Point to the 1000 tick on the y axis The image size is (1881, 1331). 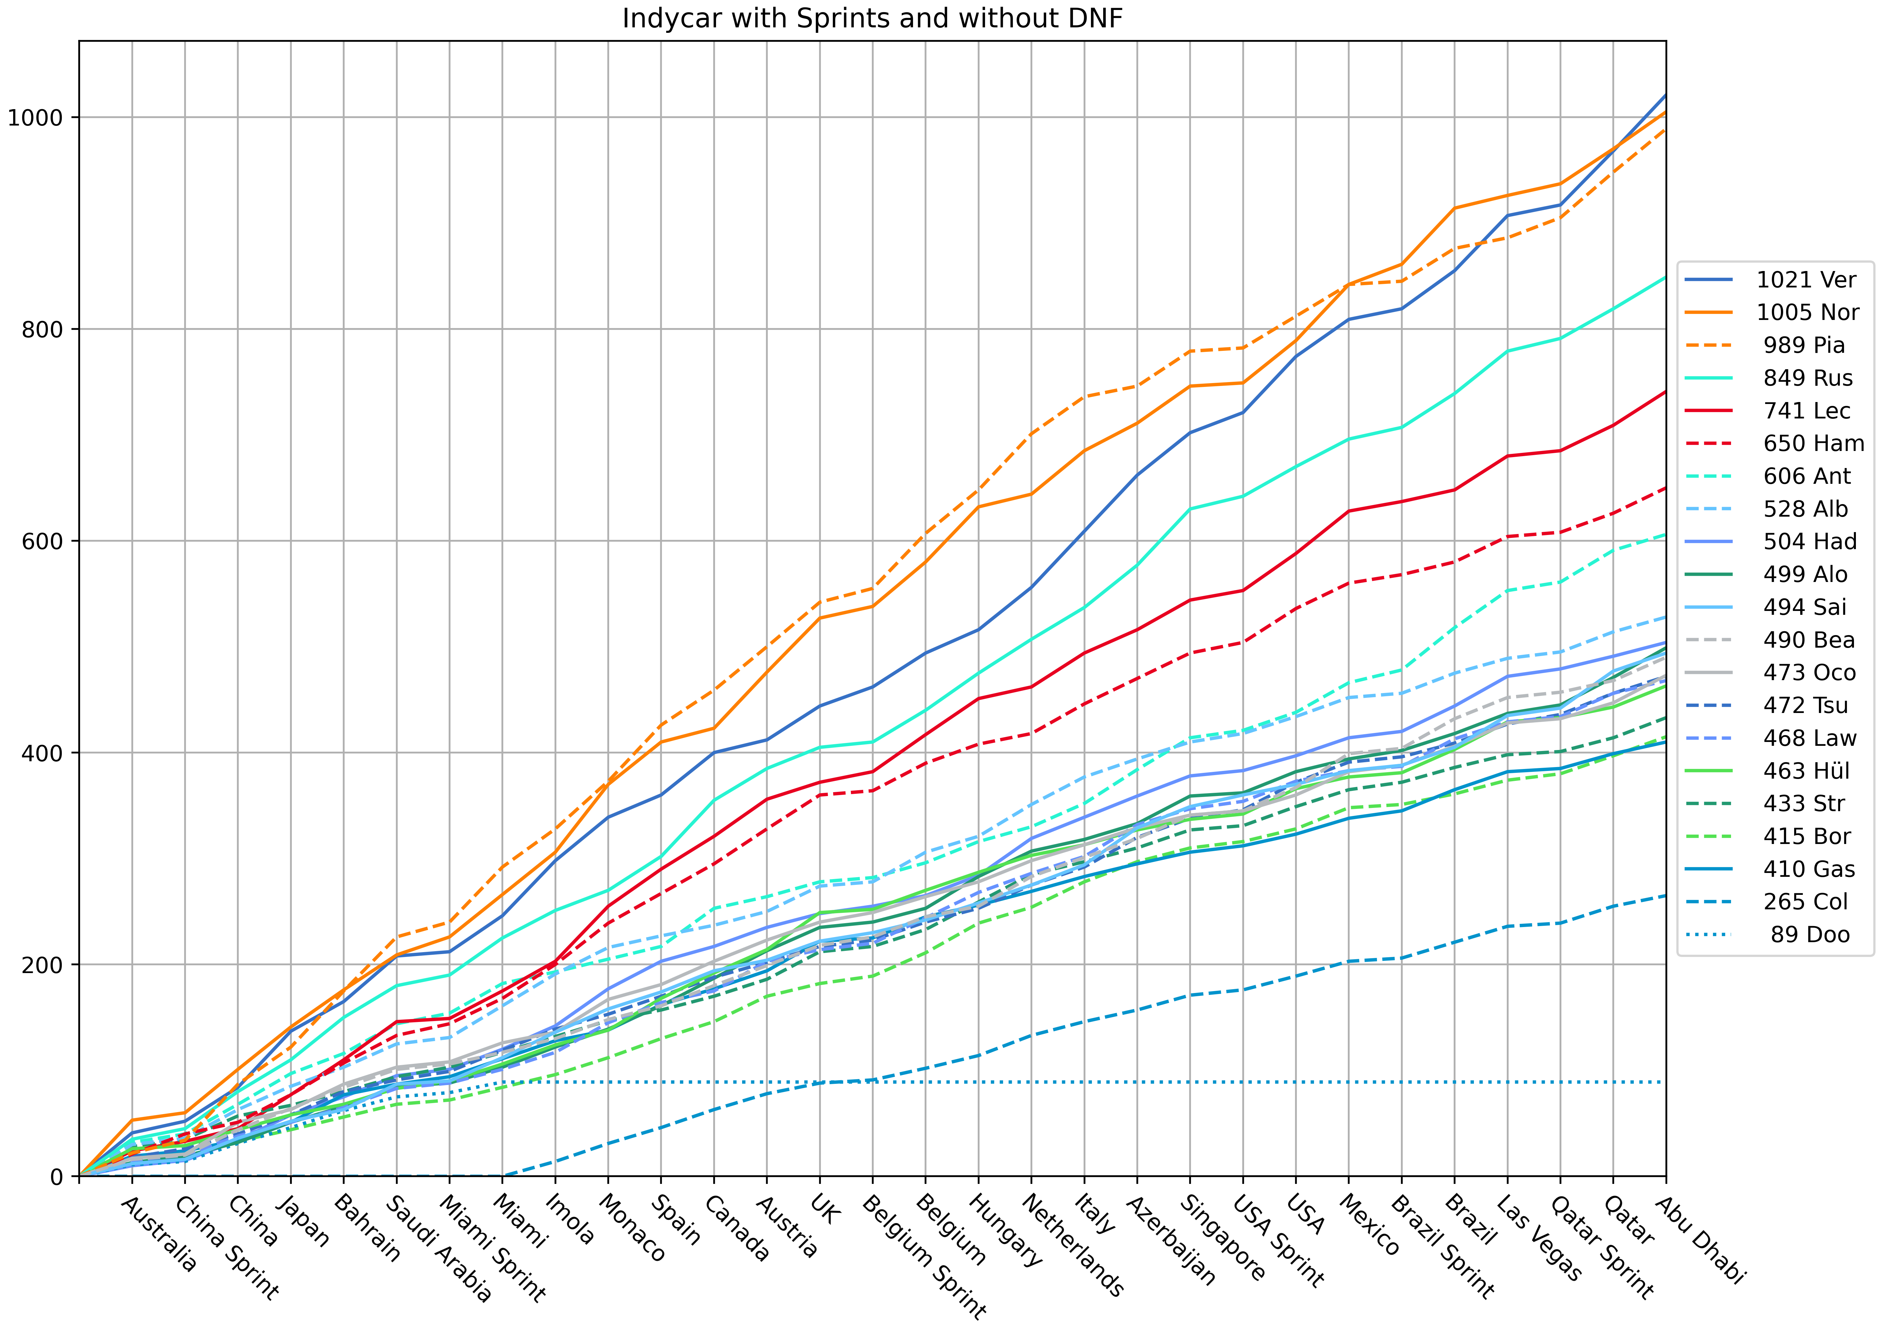click(x=35, y=117)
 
